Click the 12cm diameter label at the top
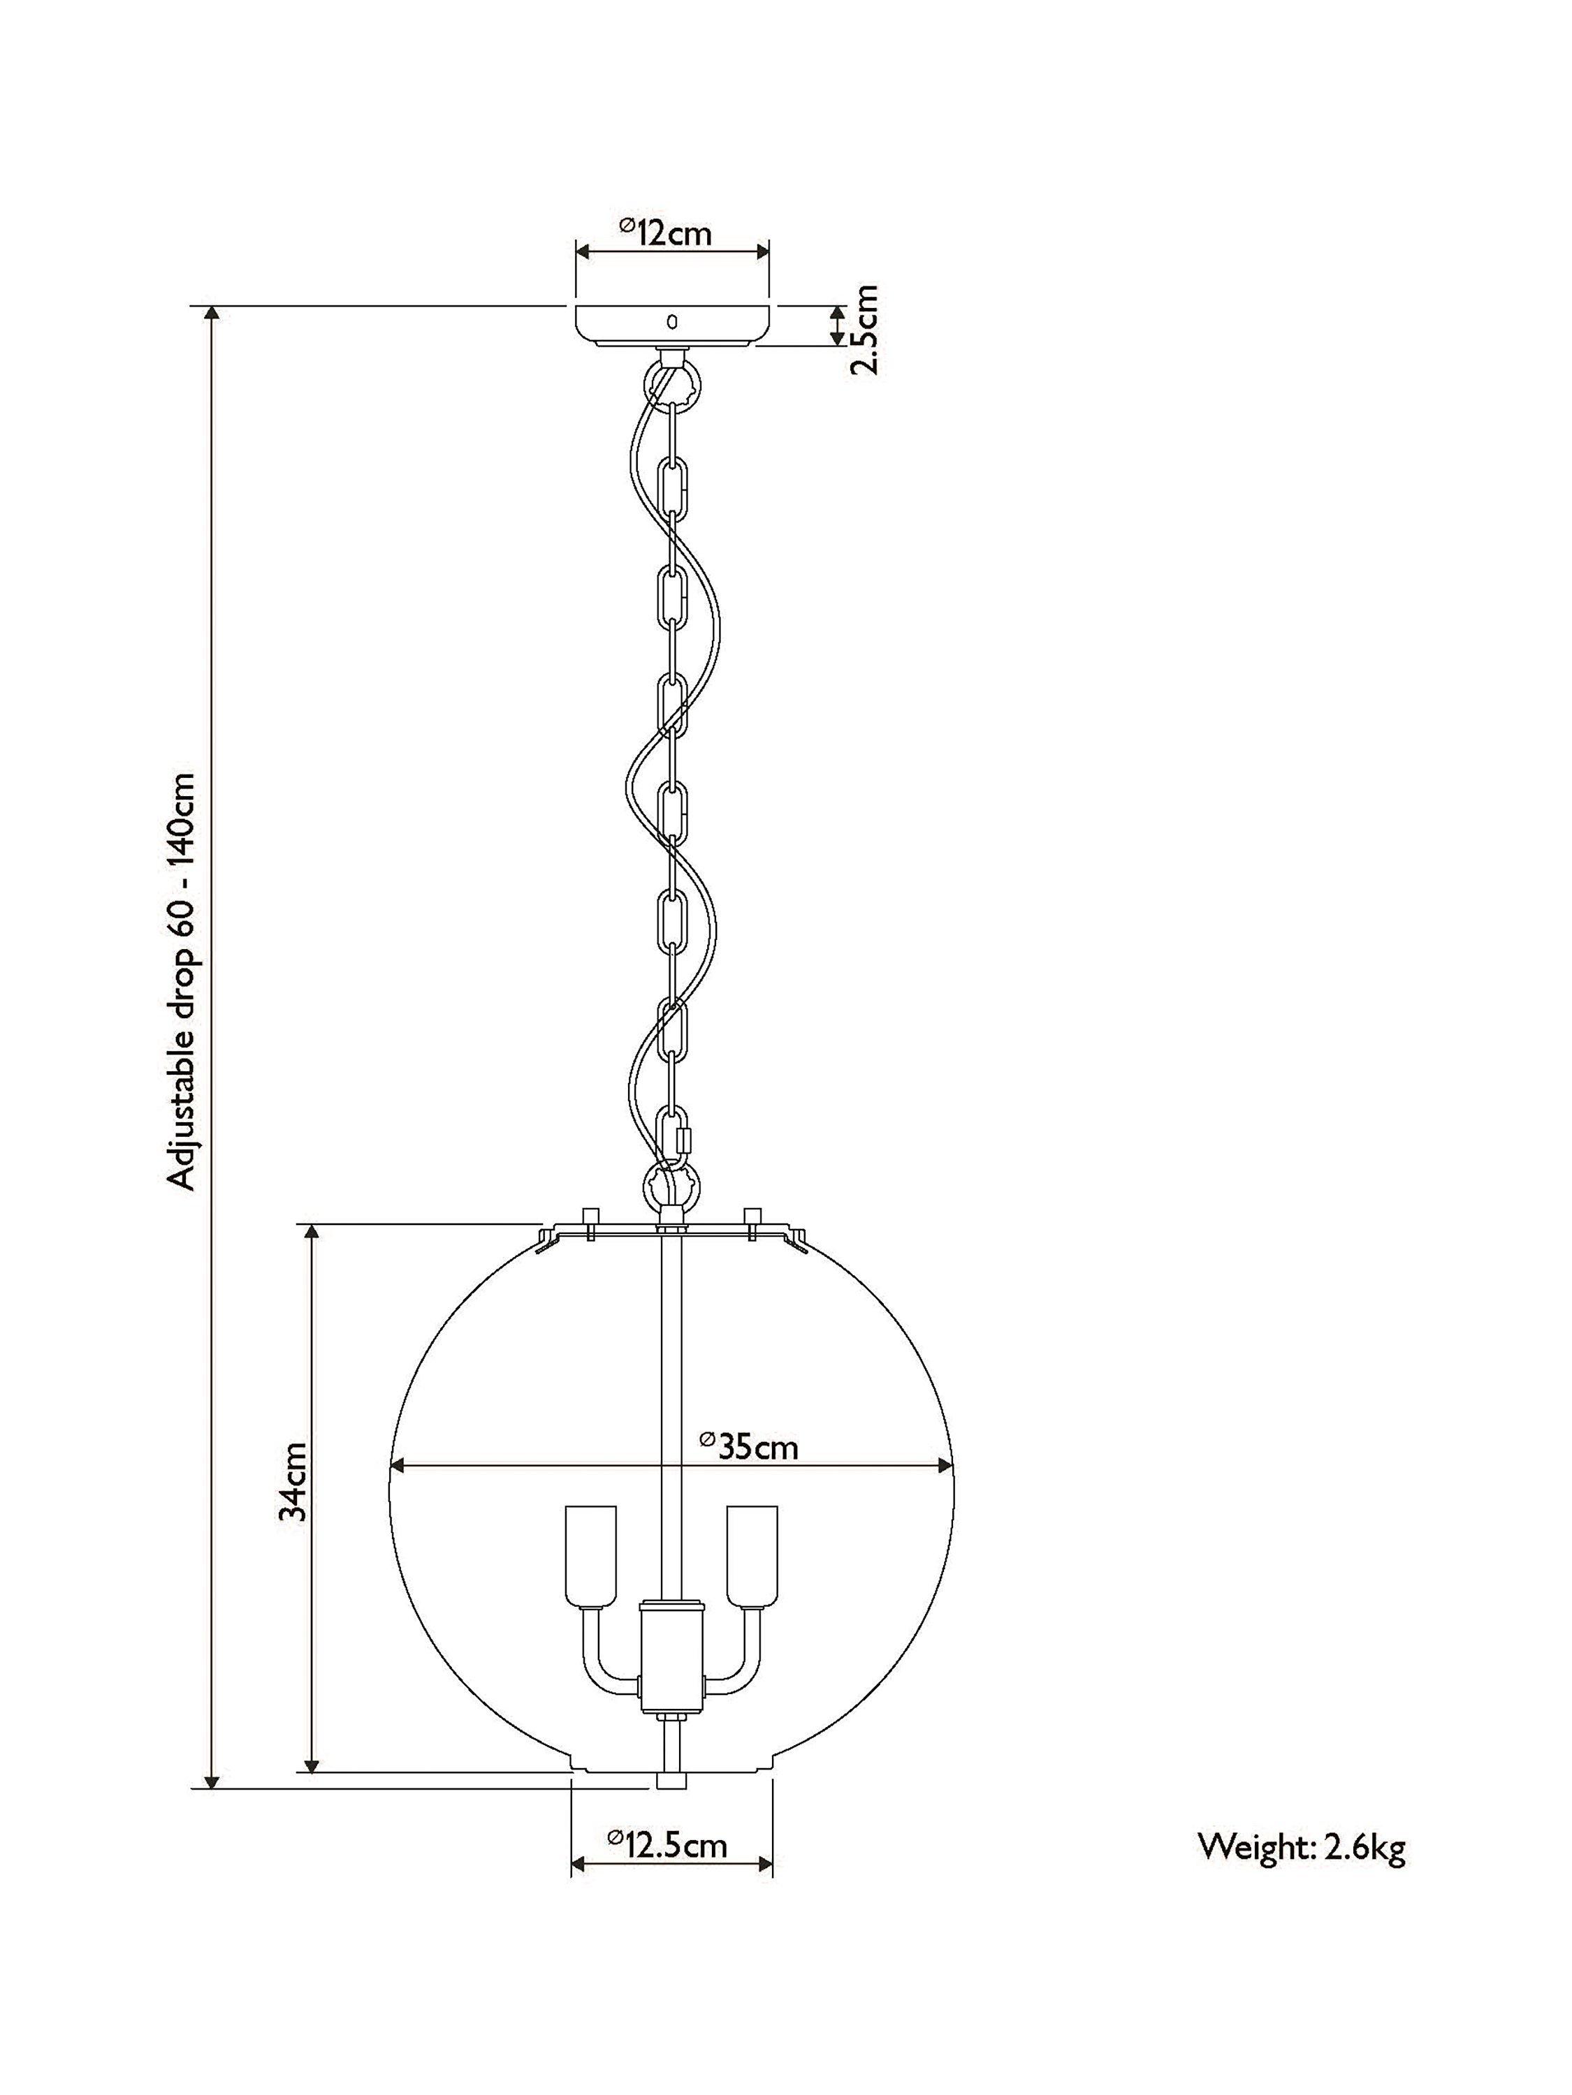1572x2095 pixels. (665, 231)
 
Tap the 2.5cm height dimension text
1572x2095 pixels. (865, 329)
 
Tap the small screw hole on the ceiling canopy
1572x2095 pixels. (672, 322)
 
